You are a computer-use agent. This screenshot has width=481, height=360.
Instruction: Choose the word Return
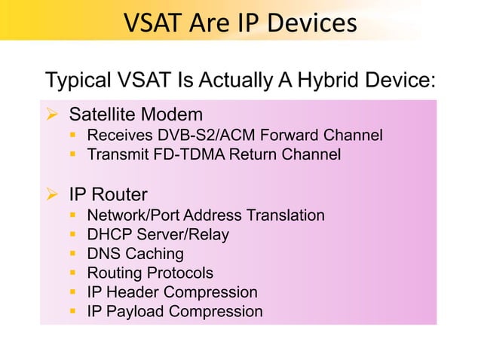(x=253, y=155)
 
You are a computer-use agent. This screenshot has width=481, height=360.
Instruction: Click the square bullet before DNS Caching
(x=74, y=254)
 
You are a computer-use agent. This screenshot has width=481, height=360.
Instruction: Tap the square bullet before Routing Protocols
(x=74, y=273)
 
